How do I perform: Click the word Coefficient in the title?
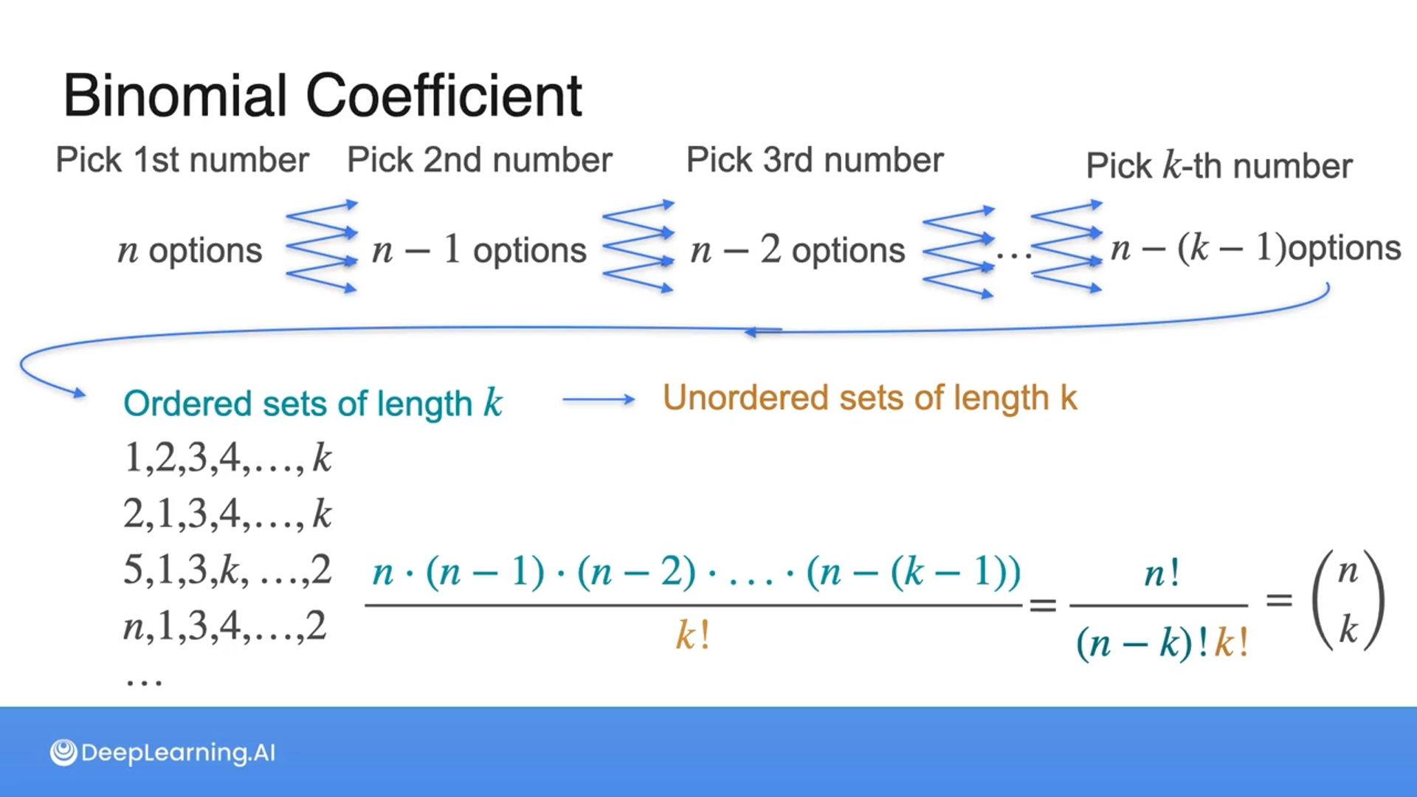[x=444, y=96]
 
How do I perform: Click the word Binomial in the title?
[x=175, y=96]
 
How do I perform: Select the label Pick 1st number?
[x=182, y=160]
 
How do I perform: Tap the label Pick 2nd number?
[x=480, y=160]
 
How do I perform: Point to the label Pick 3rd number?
[x=815, y=160]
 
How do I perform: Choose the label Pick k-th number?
[x=1219, y=166]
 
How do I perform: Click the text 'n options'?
[x=190, y=250]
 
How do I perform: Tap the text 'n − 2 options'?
[x=798, y=250]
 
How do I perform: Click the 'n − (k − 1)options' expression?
[x=1255, y=248]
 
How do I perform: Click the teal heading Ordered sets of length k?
[x=313, y=404]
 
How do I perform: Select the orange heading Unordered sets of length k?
[x=869, y=398]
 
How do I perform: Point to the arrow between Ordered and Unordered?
[x=598, y=400]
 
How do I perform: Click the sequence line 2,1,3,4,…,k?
[x=227, y=514]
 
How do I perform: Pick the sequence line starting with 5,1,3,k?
[x=227, y=570]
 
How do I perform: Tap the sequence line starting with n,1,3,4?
[x=224, y=626]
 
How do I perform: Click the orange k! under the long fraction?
[x=693, y=635]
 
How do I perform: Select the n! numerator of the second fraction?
[x=1162, y=573]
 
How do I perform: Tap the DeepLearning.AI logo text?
[x=163, y=753]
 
